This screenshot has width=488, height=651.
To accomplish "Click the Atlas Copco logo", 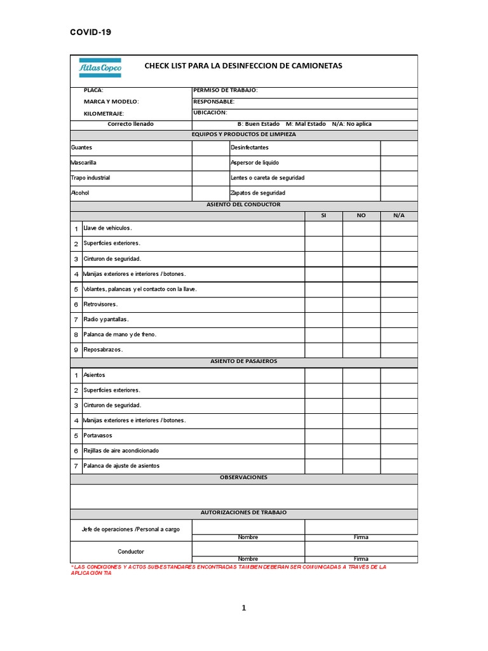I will tap(100, 67).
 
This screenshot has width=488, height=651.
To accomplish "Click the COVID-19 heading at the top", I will tap(90, 32).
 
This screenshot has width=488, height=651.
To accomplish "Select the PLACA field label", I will tap(93, 91).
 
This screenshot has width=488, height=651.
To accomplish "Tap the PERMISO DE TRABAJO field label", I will tap(225, 91).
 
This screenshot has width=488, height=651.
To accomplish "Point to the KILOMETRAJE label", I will tap(104, 113).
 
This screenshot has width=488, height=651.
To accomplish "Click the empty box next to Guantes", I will tap(210, 147).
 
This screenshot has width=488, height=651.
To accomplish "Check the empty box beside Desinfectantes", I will tap(398, 147).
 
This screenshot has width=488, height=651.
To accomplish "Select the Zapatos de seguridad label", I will tap(258, 193).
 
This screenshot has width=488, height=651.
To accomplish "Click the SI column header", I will tap(323, 216).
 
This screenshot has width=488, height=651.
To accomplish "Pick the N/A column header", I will tap(398, 216).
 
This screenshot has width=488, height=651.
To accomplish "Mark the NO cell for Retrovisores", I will tap(361, 305).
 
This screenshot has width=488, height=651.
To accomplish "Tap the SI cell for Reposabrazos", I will tap(323, 350).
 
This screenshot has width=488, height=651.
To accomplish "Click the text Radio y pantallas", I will tap(106, 319).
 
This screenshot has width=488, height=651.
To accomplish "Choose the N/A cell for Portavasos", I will tap(398, 435).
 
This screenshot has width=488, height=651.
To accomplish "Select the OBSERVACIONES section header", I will tap(243, 477).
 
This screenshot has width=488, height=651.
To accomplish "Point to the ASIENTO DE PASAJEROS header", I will tap(243, 361).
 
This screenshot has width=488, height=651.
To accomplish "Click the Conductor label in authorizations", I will tap(131, 551).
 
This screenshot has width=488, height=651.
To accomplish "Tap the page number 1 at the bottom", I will tap(243, 608).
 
